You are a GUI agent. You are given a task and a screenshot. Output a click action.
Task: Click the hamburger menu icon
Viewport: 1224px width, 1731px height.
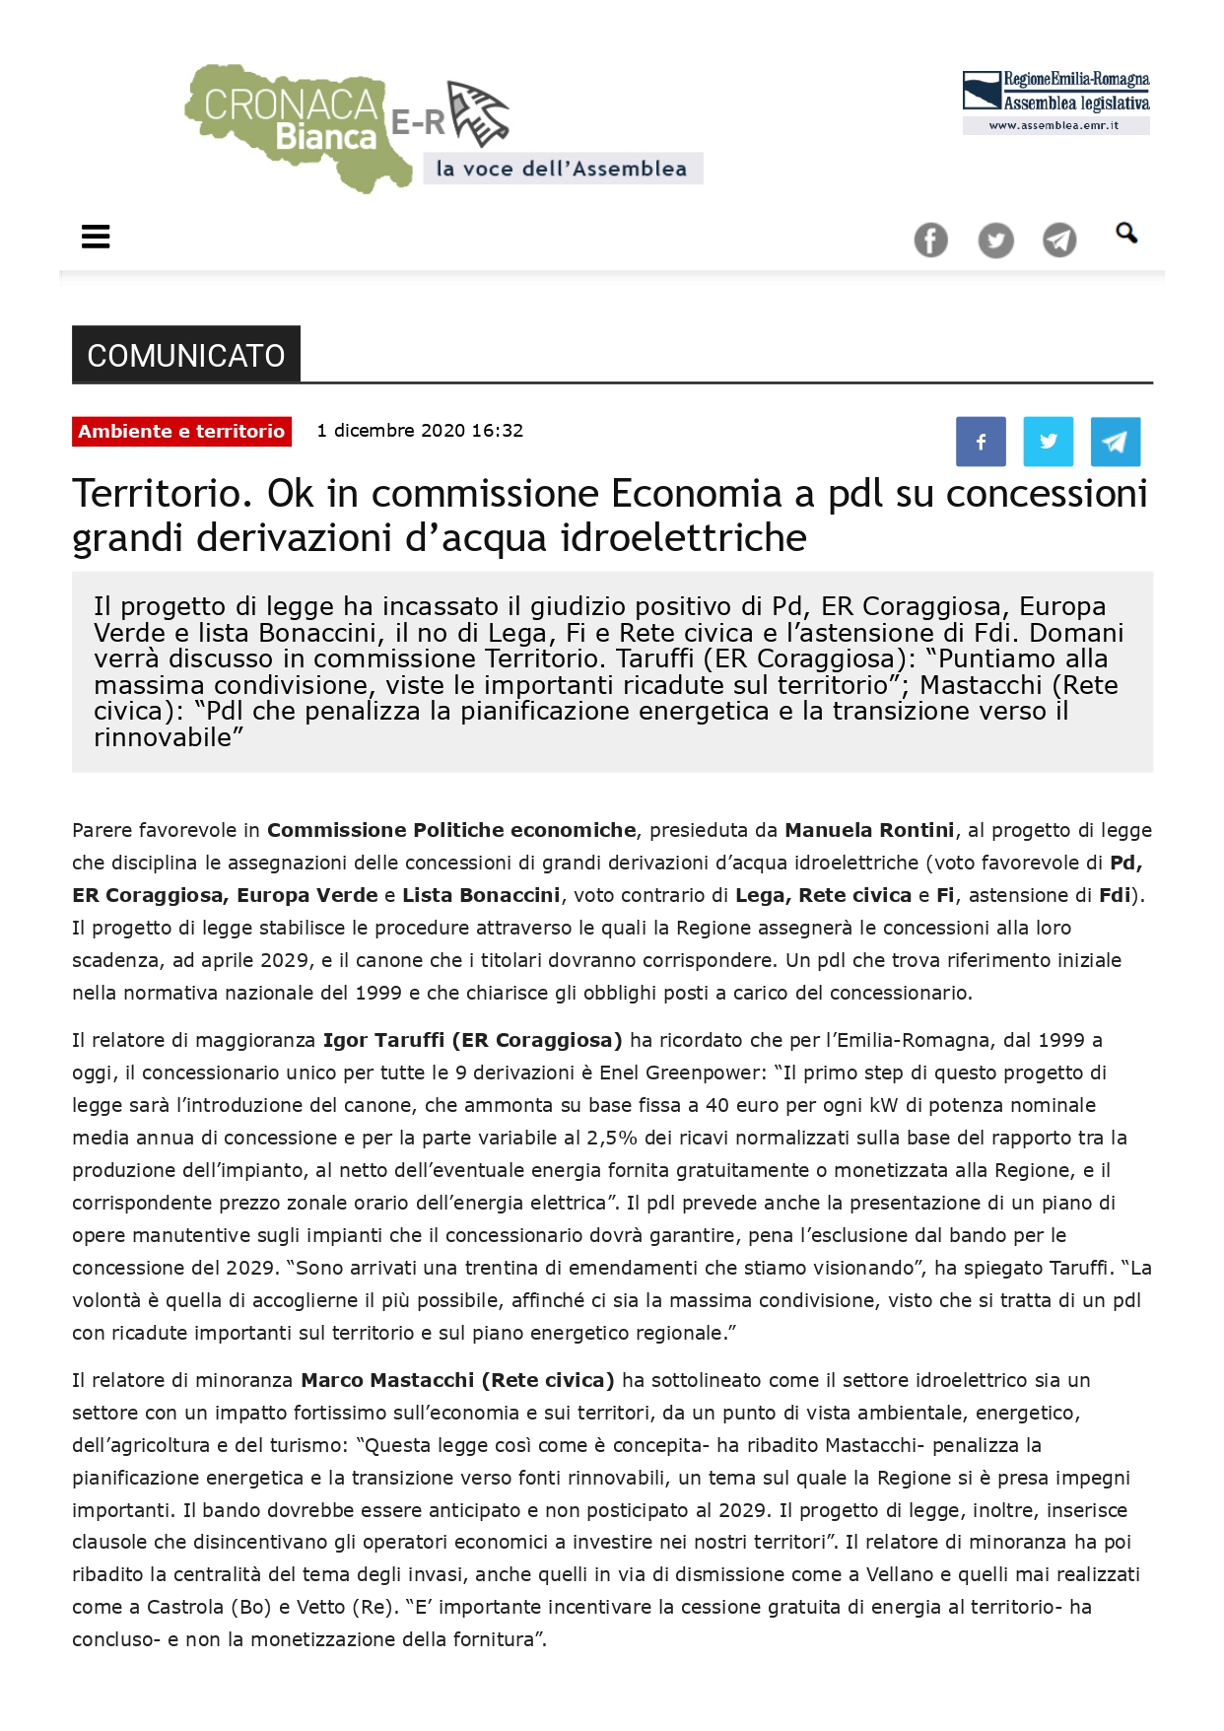(96, 237)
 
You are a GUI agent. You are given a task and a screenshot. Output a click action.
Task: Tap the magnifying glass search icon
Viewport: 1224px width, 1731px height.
(1126, 234)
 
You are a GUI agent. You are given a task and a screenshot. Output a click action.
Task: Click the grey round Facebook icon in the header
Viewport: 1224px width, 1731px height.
(930, 241)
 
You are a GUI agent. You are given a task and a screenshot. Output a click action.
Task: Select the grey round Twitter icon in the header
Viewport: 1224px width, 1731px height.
(995, 241)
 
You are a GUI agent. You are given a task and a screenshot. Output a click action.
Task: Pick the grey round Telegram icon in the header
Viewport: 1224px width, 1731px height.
(1059, 241)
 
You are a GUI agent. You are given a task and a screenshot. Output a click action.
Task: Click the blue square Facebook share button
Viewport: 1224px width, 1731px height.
(981, 442)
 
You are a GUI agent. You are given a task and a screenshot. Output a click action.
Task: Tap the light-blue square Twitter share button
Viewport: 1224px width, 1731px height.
(1048, 442)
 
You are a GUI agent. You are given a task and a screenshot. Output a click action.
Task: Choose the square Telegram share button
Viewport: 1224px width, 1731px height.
(1115, 442)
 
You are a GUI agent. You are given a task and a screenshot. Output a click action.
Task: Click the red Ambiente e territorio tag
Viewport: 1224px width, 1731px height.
(181, 432)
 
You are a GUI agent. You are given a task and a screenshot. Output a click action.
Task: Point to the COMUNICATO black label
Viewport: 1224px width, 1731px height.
(186, 355)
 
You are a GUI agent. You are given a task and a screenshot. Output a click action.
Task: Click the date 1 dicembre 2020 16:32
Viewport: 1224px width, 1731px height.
(420, 431)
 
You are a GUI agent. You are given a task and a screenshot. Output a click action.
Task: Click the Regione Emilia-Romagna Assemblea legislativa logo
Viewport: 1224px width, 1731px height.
(1055, 102)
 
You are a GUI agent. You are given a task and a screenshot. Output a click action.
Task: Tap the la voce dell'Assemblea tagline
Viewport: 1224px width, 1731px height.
(562, 169)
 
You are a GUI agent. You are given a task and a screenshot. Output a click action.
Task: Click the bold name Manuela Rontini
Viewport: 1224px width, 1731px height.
(869, 830)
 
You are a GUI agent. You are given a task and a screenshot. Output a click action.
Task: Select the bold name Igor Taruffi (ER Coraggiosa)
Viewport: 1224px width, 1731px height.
(472, 1040)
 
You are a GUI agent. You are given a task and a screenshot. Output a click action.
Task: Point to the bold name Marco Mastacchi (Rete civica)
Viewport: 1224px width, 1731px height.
(457, 1380)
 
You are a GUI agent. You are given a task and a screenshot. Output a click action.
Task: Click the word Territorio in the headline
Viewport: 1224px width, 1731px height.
(155, 494)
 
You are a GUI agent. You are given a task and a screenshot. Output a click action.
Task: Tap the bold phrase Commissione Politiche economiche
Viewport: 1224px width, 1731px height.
(451, 830)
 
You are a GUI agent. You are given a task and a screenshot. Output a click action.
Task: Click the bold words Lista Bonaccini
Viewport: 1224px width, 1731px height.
(481, 895)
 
